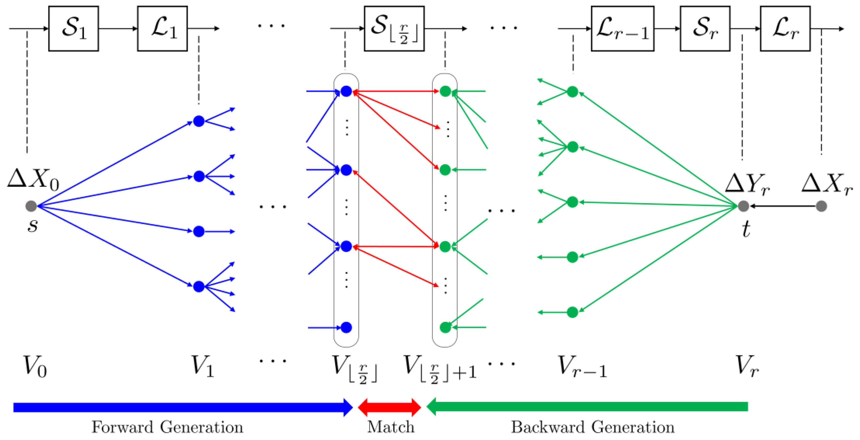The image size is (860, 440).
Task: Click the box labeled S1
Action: (x=73, y=28)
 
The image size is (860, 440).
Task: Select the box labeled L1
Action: (x=163, y=28)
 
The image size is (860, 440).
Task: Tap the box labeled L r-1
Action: (x=622, y=28)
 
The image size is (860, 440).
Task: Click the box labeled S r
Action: (x=705, y=28)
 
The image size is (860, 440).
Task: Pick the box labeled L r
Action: (x=785, y=28)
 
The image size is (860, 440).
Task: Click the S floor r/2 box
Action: (x=394, y=28)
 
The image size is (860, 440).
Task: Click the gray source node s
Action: (x=31, y=206)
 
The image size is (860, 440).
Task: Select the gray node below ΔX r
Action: (x=821, y=206)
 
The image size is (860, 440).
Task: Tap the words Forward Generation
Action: (x=167, y=427)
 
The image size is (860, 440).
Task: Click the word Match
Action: (x=391, y=427)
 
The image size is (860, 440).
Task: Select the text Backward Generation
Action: (x=593, y=427)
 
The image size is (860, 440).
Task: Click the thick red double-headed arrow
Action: (x=389, y=407)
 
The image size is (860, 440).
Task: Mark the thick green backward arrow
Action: (x=588, y=407)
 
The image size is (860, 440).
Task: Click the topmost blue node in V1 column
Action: (x=199, y=121)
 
